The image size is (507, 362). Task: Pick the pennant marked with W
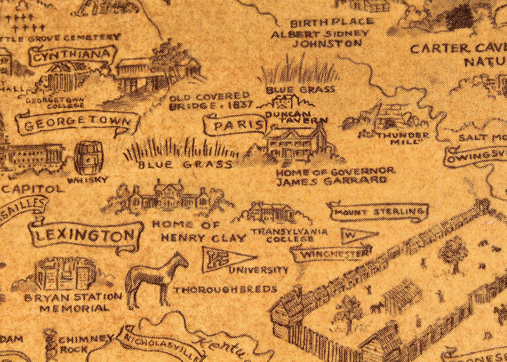click(357, 235)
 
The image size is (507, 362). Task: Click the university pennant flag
click(226, 257)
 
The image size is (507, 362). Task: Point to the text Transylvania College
click(289, 235)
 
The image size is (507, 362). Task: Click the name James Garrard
click(331, 181)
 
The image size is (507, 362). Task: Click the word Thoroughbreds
click(226, 290)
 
